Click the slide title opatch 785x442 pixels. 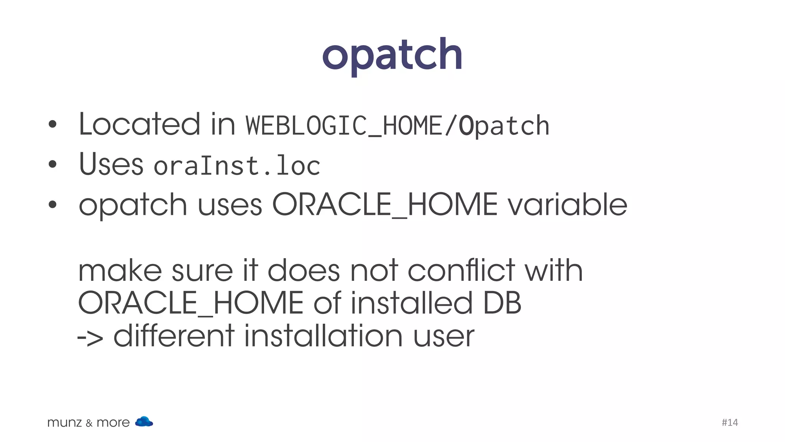pyautogui.click(x=392, y=56)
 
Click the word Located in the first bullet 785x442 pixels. pyautogui.click(x=139, y=124)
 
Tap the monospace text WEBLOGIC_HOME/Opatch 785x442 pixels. pyautogui.click(x=397, y=126)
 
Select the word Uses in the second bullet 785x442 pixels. pyautogui.click(x=111, y=164)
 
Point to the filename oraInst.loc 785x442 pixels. pyautogui.click(x=237, y=166)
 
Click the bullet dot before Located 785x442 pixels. pyautogui.click(x=53, y=124)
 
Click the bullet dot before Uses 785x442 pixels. pyautogui.click(x=53, y=165)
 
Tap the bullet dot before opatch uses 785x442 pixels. pyautogui.click(x=53, y=205)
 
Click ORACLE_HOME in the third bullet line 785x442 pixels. pyautogui.click(x=384, y=205)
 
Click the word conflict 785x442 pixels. pyautogui.click(x=461, y=270)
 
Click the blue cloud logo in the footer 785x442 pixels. pyautogui.click(x=144, y=421)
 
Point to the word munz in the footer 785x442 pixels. pyautogui.click(x=64, y=423)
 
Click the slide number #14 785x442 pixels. pyautogui.click(x=729, y=422)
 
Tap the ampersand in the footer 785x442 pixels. pyautogui.click(x=89, y=423)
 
